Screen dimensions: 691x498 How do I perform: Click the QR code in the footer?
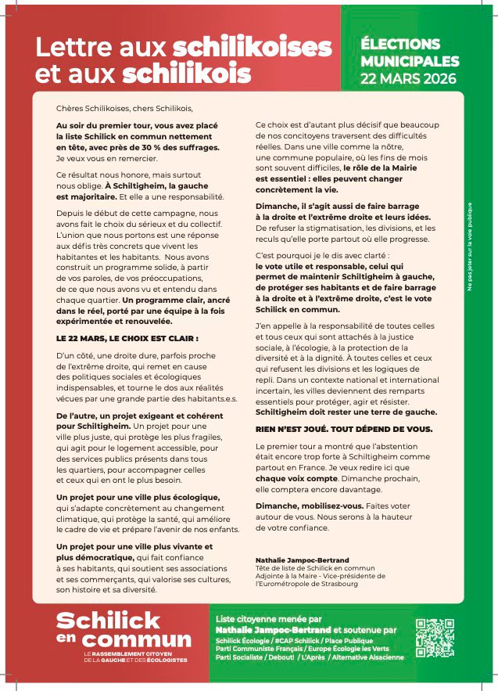point(435,637)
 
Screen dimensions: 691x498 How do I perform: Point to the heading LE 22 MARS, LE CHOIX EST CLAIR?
point(116,338)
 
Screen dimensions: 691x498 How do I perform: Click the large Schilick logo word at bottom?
point(108,621)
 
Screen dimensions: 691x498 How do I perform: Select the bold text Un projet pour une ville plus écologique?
point(137,497)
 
